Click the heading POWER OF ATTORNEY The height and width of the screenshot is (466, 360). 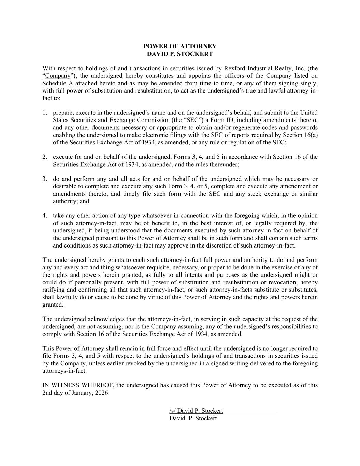coord(179,46)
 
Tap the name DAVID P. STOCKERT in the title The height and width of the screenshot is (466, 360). coord(179,54)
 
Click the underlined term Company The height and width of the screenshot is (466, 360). coord(58,76)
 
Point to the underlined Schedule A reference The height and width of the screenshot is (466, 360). coord(58,84)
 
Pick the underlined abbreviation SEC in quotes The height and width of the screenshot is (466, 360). coord(193,120)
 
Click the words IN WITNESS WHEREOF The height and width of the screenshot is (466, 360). coord(78,385)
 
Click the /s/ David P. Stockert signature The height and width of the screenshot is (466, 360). coord(196,411)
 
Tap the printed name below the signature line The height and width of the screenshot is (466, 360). coord(193,418)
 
